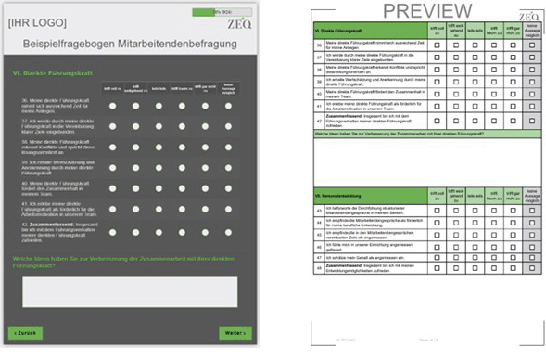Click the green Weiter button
pyautogui.click(x=235, y=332)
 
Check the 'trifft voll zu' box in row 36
pyautogui.click(x=432, y=45)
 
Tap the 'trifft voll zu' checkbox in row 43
pyautogui.click(x=432, y=210)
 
